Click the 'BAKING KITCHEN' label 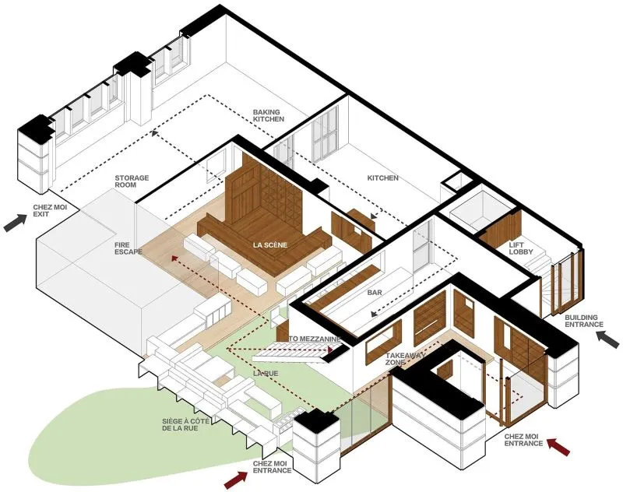click(269, 115)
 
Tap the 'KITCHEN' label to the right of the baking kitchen click(382, 178)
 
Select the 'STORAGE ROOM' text click(132, 181)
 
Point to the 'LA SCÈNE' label click(270, 245)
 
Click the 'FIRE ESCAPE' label click(128, 248)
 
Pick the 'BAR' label click(375, 293)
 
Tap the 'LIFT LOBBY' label click(521, 248)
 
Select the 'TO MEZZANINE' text click(315, 339)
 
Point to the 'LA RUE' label click(266, 374)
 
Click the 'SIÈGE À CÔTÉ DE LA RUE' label click(180, 424)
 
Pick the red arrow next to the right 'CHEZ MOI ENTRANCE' click(558, 446)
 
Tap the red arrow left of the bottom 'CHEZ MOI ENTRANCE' click(236, 480)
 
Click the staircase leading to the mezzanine click(295, 352)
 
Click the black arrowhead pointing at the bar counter click(374, 314)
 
